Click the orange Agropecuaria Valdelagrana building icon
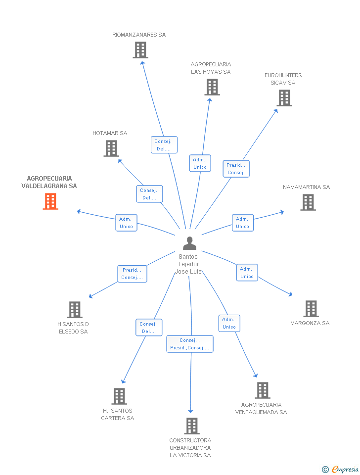(50, 201)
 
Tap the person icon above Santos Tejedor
(189, 243)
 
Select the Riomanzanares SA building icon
(140, 50)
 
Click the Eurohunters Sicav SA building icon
(284, 98)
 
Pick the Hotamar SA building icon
(111, 148)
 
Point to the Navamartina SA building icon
(308, 202)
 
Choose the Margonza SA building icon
(311, 309)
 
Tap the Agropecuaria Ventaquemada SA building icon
(263, 390)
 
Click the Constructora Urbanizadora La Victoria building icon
(192, 426)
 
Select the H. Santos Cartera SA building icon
(119, 396)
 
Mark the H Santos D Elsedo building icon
(75, 310)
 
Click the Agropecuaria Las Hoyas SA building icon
(212, 87)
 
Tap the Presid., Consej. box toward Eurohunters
(236, 169)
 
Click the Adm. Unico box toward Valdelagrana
(126, 223)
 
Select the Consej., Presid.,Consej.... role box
(190, 344)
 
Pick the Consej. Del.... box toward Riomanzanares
(164, 145)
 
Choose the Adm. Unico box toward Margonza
(247, 273)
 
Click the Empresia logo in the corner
(340, 469)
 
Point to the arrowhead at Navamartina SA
(282, 212)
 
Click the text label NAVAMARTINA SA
(307, 187)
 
